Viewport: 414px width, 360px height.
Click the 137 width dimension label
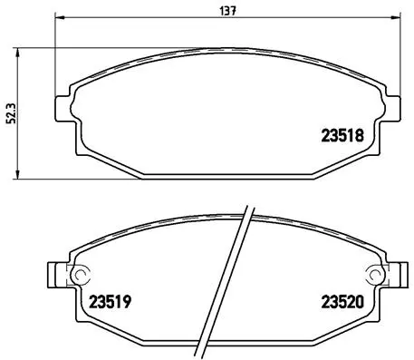click(x=222, y=10)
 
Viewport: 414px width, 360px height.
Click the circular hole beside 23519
click(x=79, y=275)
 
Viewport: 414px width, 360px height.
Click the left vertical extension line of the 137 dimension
click(x=56, y=54)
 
